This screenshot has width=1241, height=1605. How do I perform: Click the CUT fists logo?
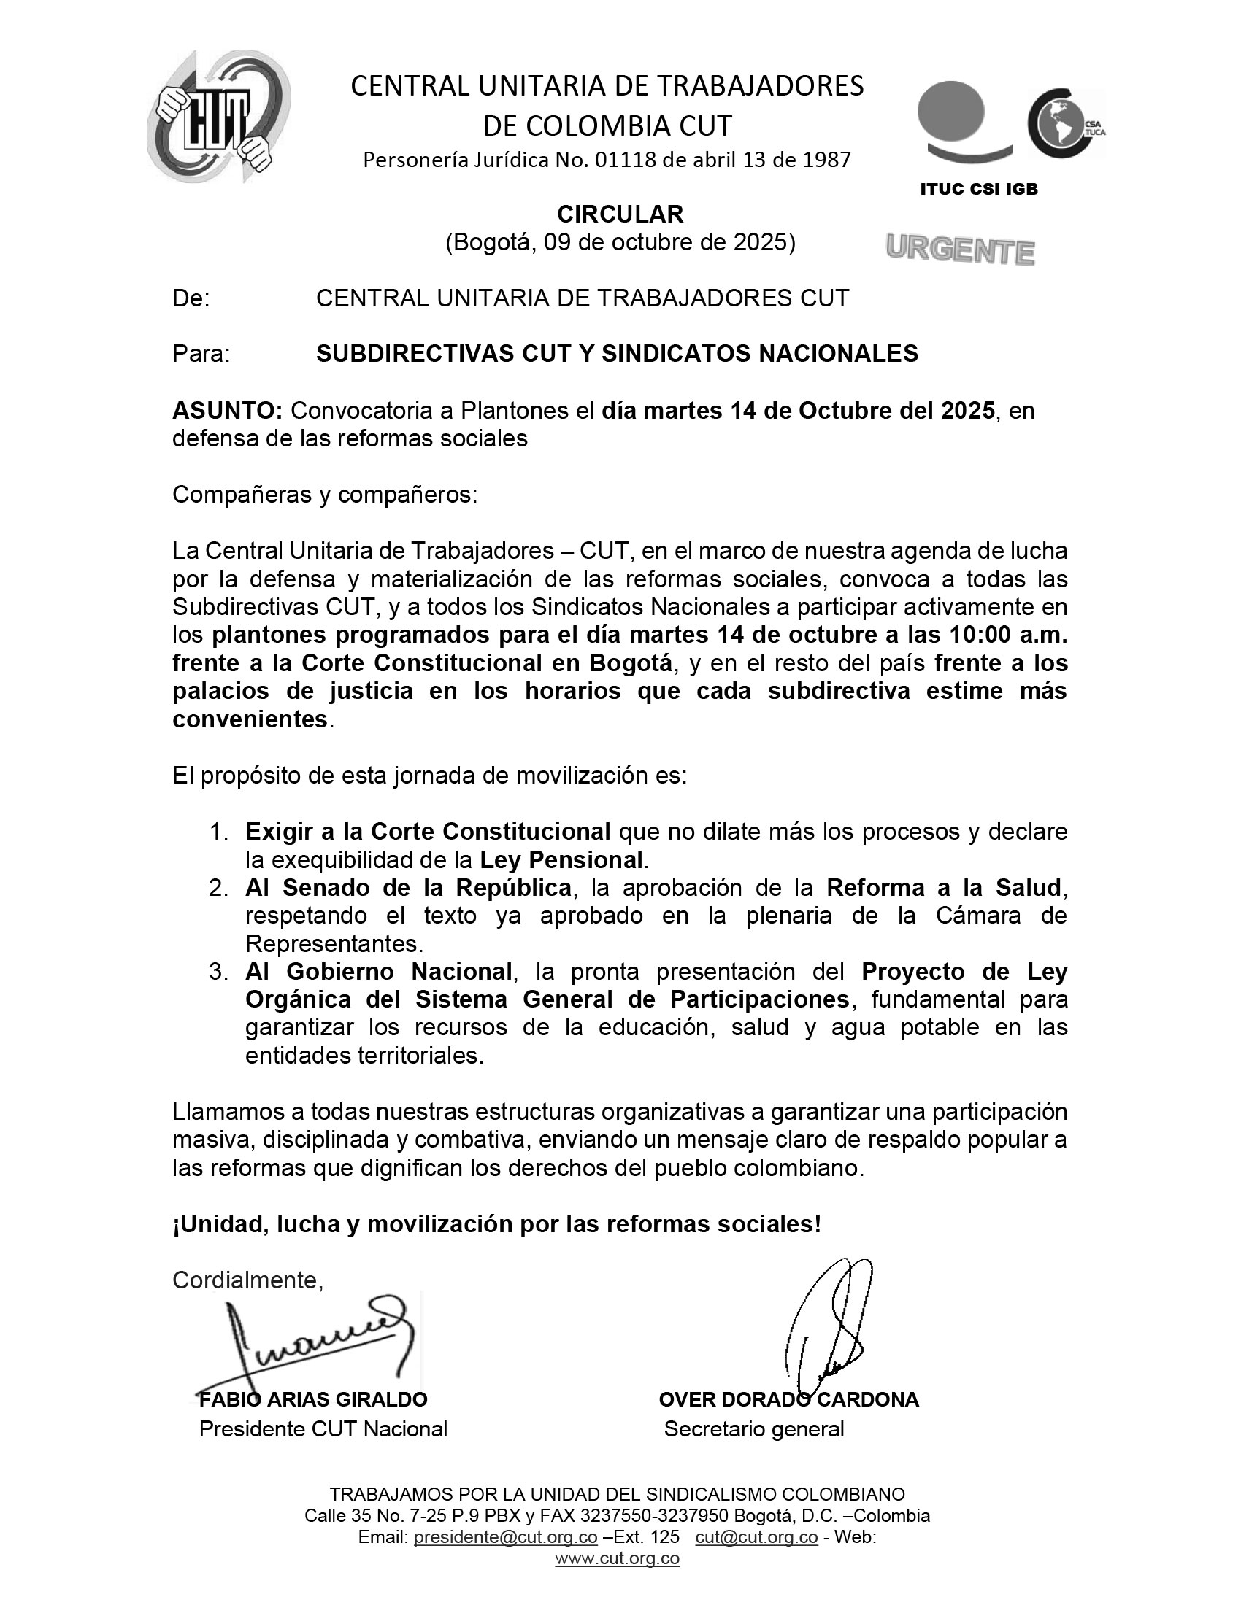tap(219, 117)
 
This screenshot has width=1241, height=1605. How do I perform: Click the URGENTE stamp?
tap(960, 250)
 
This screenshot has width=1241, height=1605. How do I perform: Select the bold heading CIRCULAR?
tap(620, 214)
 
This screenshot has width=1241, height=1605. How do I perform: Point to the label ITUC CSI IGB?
tap(978, 189)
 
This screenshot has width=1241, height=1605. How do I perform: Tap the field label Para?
tap(201, 354)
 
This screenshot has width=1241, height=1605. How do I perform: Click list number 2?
tap(218, 888)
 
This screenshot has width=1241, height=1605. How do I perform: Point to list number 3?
tap(218, 972)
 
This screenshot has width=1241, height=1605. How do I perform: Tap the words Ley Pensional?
tap(561, 859)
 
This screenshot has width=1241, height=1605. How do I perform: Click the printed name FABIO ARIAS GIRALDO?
tap(313, 1399)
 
